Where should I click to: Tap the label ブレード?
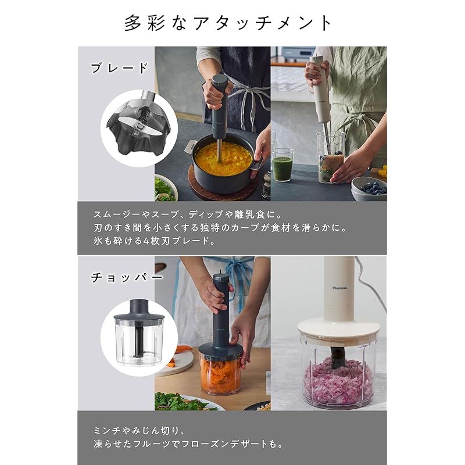tap(120, 68)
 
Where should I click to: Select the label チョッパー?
tap(126, 278)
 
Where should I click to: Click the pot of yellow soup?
tap(223, 160)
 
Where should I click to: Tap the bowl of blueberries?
tap(370, 188)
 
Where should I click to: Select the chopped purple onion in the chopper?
tap(337, 381)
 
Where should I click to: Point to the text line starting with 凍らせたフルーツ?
tap(188, 445)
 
